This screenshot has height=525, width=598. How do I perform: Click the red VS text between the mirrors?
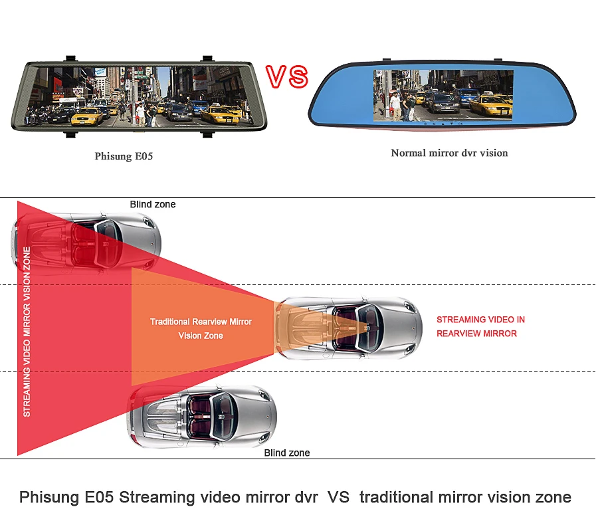[x=287, y=76]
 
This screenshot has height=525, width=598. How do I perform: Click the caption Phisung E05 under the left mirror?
[x=124, y=156]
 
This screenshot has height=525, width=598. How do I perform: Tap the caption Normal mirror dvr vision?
[x=449, y=153]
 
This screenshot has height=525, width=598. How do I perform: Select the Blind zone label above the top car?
[x=153, y=204]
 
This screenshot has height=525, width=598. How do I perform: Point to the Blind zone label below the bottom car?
[x=287, y=453]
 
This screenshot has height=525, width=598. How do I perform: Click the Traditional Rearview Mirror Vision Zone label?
[x=201, y=328]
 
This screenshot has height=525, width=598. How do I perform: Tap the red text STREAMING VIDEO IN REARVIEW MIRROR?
[x=480, y=326]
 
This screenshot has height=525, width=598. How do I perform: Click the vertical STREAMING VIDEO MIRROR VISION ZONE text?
[x=27, y=332]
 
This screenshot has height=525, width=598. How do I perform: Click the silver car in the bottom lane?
[x=203, y=417]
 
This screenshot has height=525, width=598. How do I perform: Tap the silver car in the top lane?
[x=86, y=243]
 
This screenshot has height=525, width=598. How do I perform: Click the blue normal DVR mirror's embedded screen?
[x=443, y=96]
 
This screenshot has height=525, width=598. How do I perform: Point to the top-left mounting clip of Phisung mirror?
[x=71, y=58]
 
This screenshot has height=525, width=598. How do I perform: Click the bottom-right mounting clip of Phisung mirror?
[x=207, y=134]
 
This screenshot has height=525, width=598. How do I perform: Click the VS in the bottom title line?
[x=338, y=497]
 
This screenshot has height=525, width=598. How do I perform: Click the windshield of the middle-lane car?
[x=368, y=328]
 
